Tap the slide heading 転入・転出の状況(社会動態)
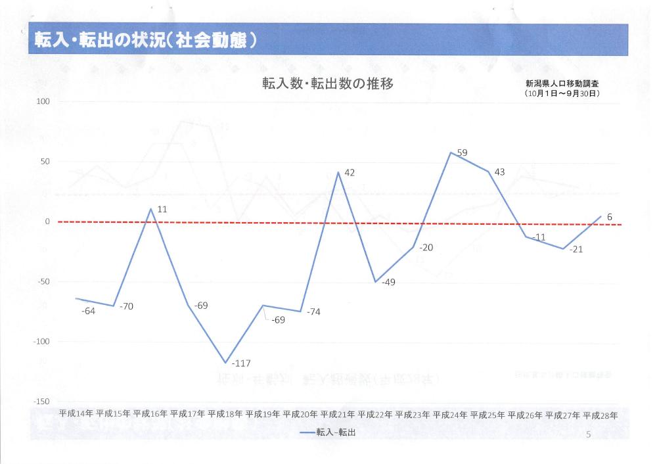[x=146, y=40]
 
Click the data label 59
[x=462, y=153]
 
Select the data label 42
[x=350, y=172]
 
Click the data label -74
[x=313, y=312]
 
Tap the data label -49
[x=388, y=282]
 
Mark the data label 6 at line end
[x=610, y=216]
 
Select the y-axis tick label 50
[x=45, y=162]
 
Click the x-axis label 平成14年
[x=76, y=415]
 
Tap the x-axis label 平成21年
[x=338, y=415]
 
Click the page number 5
[x=588, y=434]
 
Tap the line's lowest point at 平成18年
[x=225, y=363]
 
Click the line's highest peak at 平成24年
[x=451, y=152]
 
